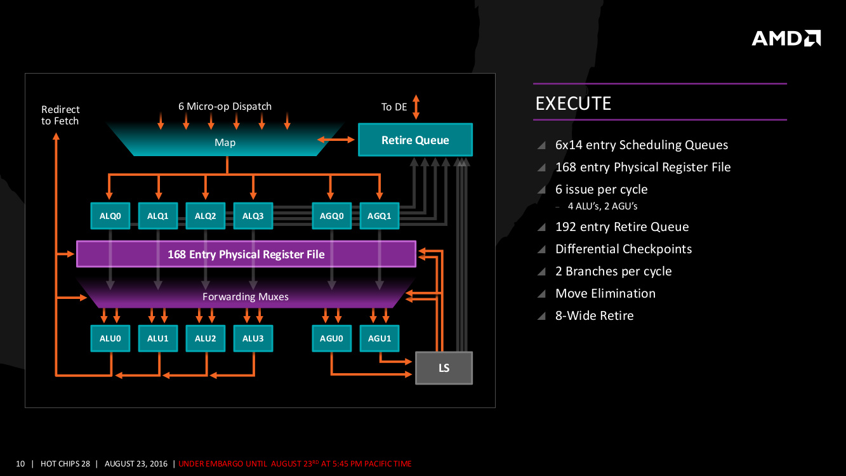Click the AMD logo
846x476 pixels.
pyautogui.click(x=786, y=38)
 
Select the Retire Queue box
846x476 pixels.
pyautogui.click(x=415, y=140)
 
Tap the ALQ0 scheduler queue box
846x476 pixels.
pyautogui.click(x=110, y=216)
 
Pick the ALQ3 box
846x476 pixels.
pyautogui.click(x=253, y=216)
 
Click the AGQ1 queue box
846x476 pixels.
pyautogui.click(x=380, y=216)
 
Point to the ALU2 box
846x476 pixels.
pyautogui.click(x=206, y=338)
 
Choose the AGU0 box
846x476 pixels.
pyautogui.click(x=331, y=338)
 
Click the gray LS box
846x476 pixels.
pyautogui.click(x=444, y=367)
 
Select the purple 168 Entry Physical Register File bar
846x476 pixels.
pyautogui.click(x=246, y=254)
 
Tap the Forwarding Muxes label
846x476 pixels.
pyautogui.click(x=246, y=296)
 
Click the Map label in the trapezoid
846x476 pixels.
pyautogui.click(x=225, y=142)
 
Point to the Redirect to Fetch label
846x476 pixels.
pyautogui.click(x=60, y=115)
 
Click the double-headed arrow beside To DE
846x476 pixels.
pyautogui.click(x=416, y=107)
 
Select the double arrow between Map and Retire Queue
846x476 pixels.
pyautogui.click(x=336, y=139)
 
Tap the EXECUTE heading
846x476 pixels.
pyautogui.click(x=573, y=103)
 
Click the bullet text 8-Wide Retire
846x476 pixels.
pyautogui.click(x=594, y=315)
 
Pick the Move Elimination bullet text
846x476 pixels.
pyautogui.click(x=605, y=293)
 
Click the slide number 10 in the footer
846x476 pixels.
pyautogui.click(x=20, y=464)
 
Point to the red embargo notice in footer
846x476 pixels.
pyautogui.click(x=295, y=464)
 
